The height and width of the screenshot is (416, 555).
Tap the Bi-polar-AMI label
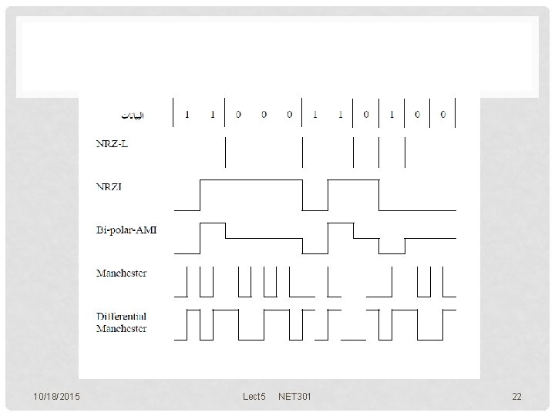tap(126, 230)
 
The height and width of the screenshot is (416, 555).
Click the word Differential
tap(122, 317)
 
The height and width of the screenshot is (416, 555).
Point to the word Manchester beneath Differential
tap(122, 329)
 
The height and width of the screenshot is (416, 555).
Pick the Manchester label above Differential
tap(122, 273)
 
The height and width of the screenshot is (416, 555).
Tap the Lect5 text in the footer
tap(254, 397)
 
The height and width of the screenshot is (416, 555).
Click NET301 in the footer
tap(295, 397)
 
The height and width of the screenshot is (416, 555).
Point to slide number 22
tap(516, 397)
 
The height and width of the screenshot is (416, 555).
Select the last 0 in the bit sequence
tap(442, 116)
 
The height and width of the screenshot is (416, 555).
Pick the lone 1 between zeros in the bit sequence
tap(392, 116)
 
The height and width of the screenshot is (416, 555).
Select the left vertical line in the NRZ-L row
tap(225, 152)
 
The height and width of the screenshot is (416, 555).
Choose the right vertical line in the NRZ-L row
tap(405, 152)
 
